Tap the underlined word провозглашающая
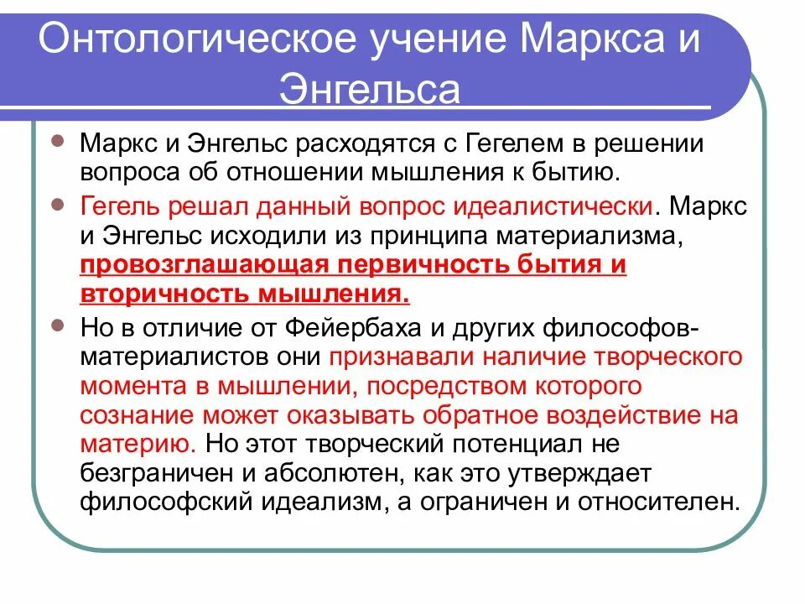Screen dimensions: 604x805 [x=195, y=266]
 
